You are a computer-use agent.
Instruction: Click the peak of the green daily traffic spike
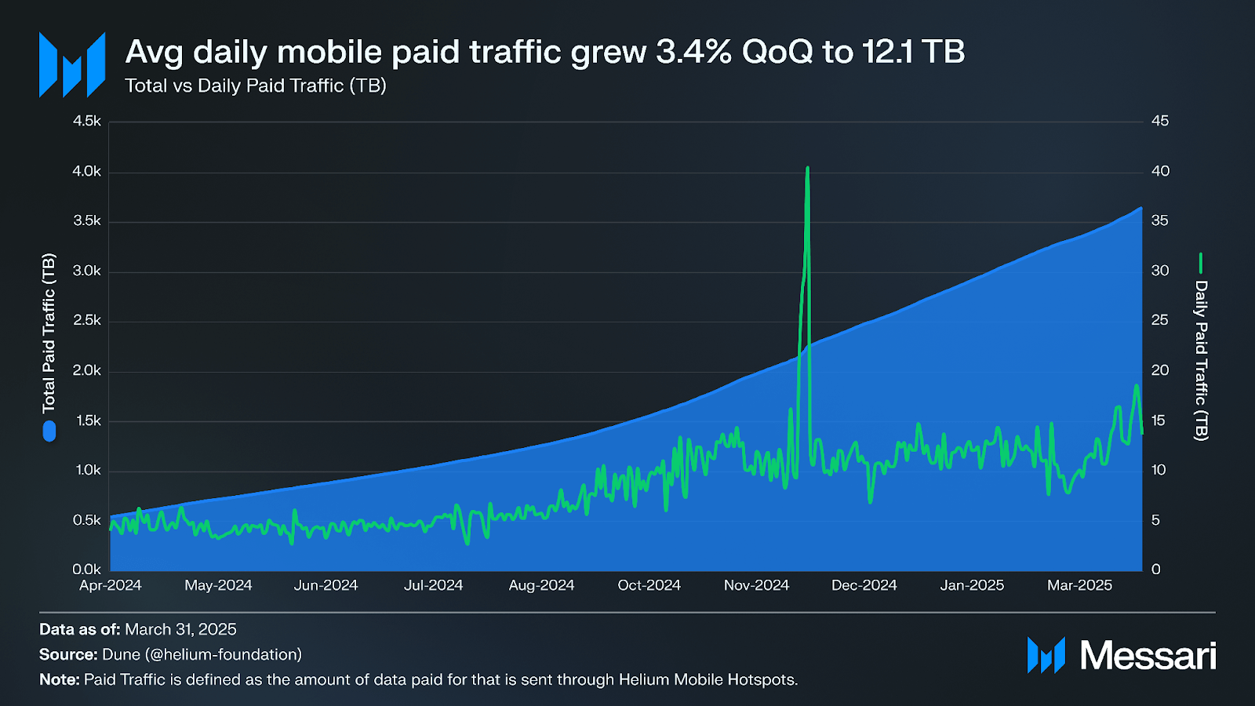tap(807, 169)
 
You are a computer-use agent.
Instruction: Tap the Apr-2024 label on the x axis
tap(111, 585)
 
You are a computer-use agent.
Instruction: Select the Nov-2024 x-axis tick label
tap(756, 585)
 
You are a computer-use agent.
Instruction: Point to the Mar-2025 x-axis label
tap(1079, 585)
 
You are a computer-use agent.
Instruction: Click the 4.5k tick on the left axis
tap(87, 121)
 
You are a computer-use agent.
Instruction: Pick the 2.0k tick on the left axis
tap(87, 370)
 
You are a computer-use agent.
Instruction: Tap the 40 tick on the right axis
tap(1160, 171)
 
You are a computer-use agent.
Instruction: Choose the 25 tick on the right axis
tap(1160, 320)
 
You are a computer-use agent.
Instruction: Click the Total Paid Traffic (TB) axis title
tap(49, 333)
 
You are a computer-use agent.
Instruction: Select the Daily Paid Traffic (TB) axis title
tap(1201, 360)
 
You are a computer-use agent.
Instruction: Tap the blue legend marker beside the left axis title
tap(49, 431)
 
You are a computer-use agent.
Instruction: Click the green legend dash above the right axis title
tap(1201, 263)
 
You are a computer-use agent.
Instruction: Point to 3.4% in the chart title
tap(693, 52)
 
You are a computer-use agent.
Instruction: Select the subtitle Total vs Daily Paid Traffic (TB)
tap(256, 86)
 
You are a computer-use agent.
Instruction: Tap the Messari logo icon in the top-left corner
tap(72, 64)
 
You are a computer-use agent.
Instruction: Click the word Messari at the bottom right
tap(1148, 655)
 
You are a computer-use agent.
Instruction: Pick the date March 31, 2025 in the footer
tap(180, 629)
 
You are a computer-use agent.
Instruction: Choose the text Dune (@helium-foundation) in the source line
tap(202, 654)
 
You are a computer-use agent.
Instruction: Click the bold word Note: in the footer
tap(60, 679)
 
